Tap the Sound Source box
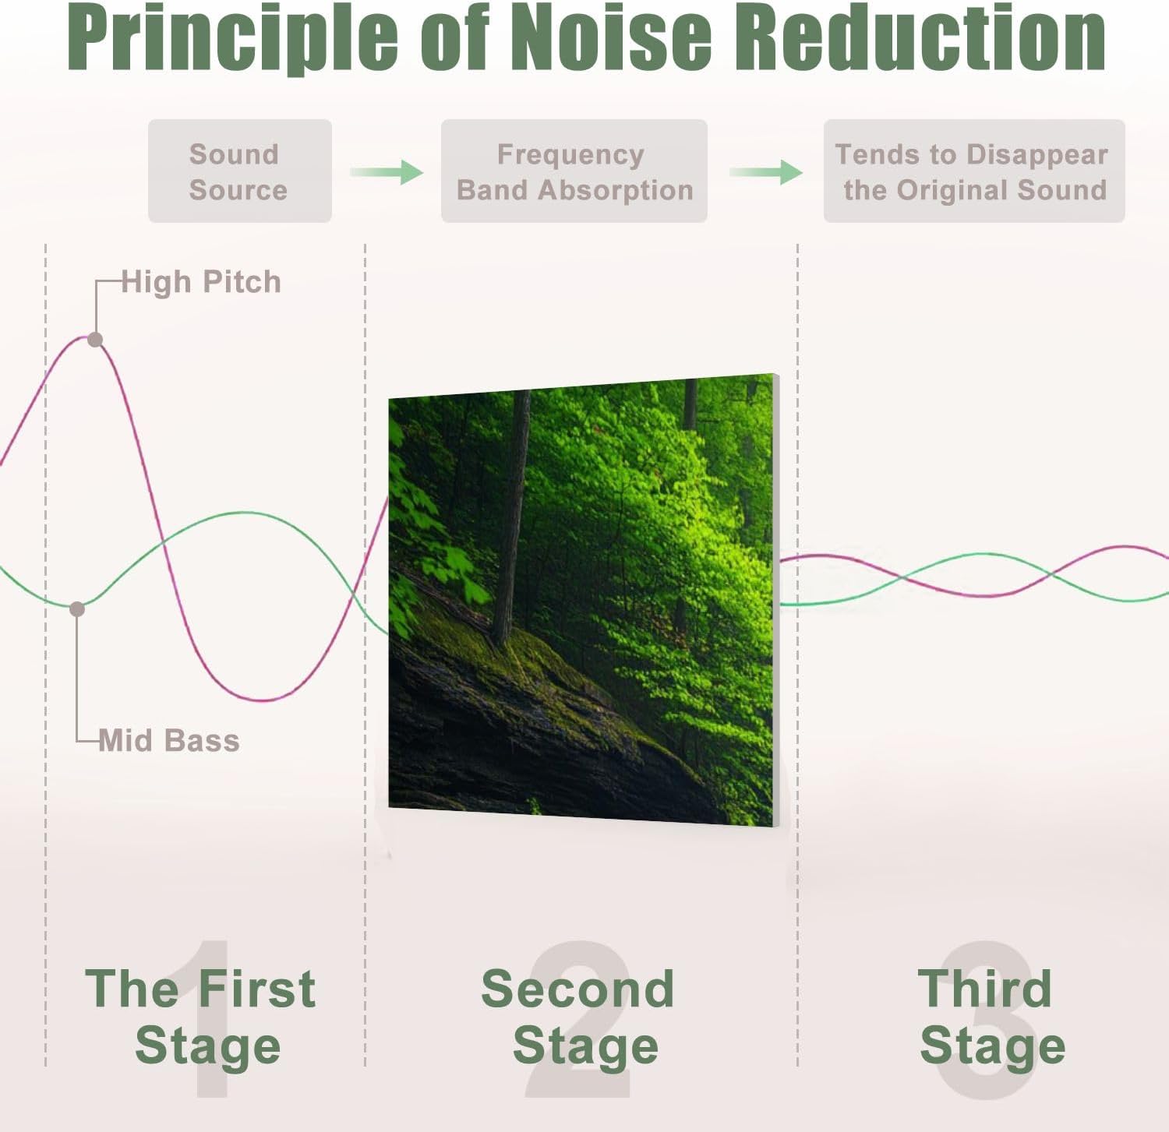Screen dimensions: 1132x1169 click(x=239, y=171)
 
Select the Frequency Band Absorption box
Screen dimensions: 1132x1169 click(x=574, y=171)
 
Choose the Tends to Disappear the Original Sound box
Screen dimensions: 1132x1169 click(x=974, y=171)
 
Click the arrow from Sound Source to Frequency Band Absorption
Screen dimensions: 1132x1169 click(x=387, y=171)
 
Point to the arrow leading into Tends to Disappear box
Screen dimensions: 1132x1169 click(x=766, y=171)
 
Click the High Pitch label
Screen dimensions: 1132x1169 click(x=201, y=282)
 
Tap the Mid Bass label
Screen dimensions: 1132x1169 click(x=169, y=740)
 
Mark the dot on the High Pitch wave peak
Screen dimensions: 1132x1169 click(x=95, y=340)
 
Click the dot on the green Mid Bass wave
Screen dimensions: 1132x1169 click(x=77, y=608)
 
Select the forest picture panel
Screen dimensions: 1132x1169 click(x=583, y=600)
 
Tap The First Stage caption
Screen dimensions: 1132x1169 click(x=201, y=1016)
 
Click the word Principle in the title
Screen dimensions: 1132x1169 click(x=234, y=37)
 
